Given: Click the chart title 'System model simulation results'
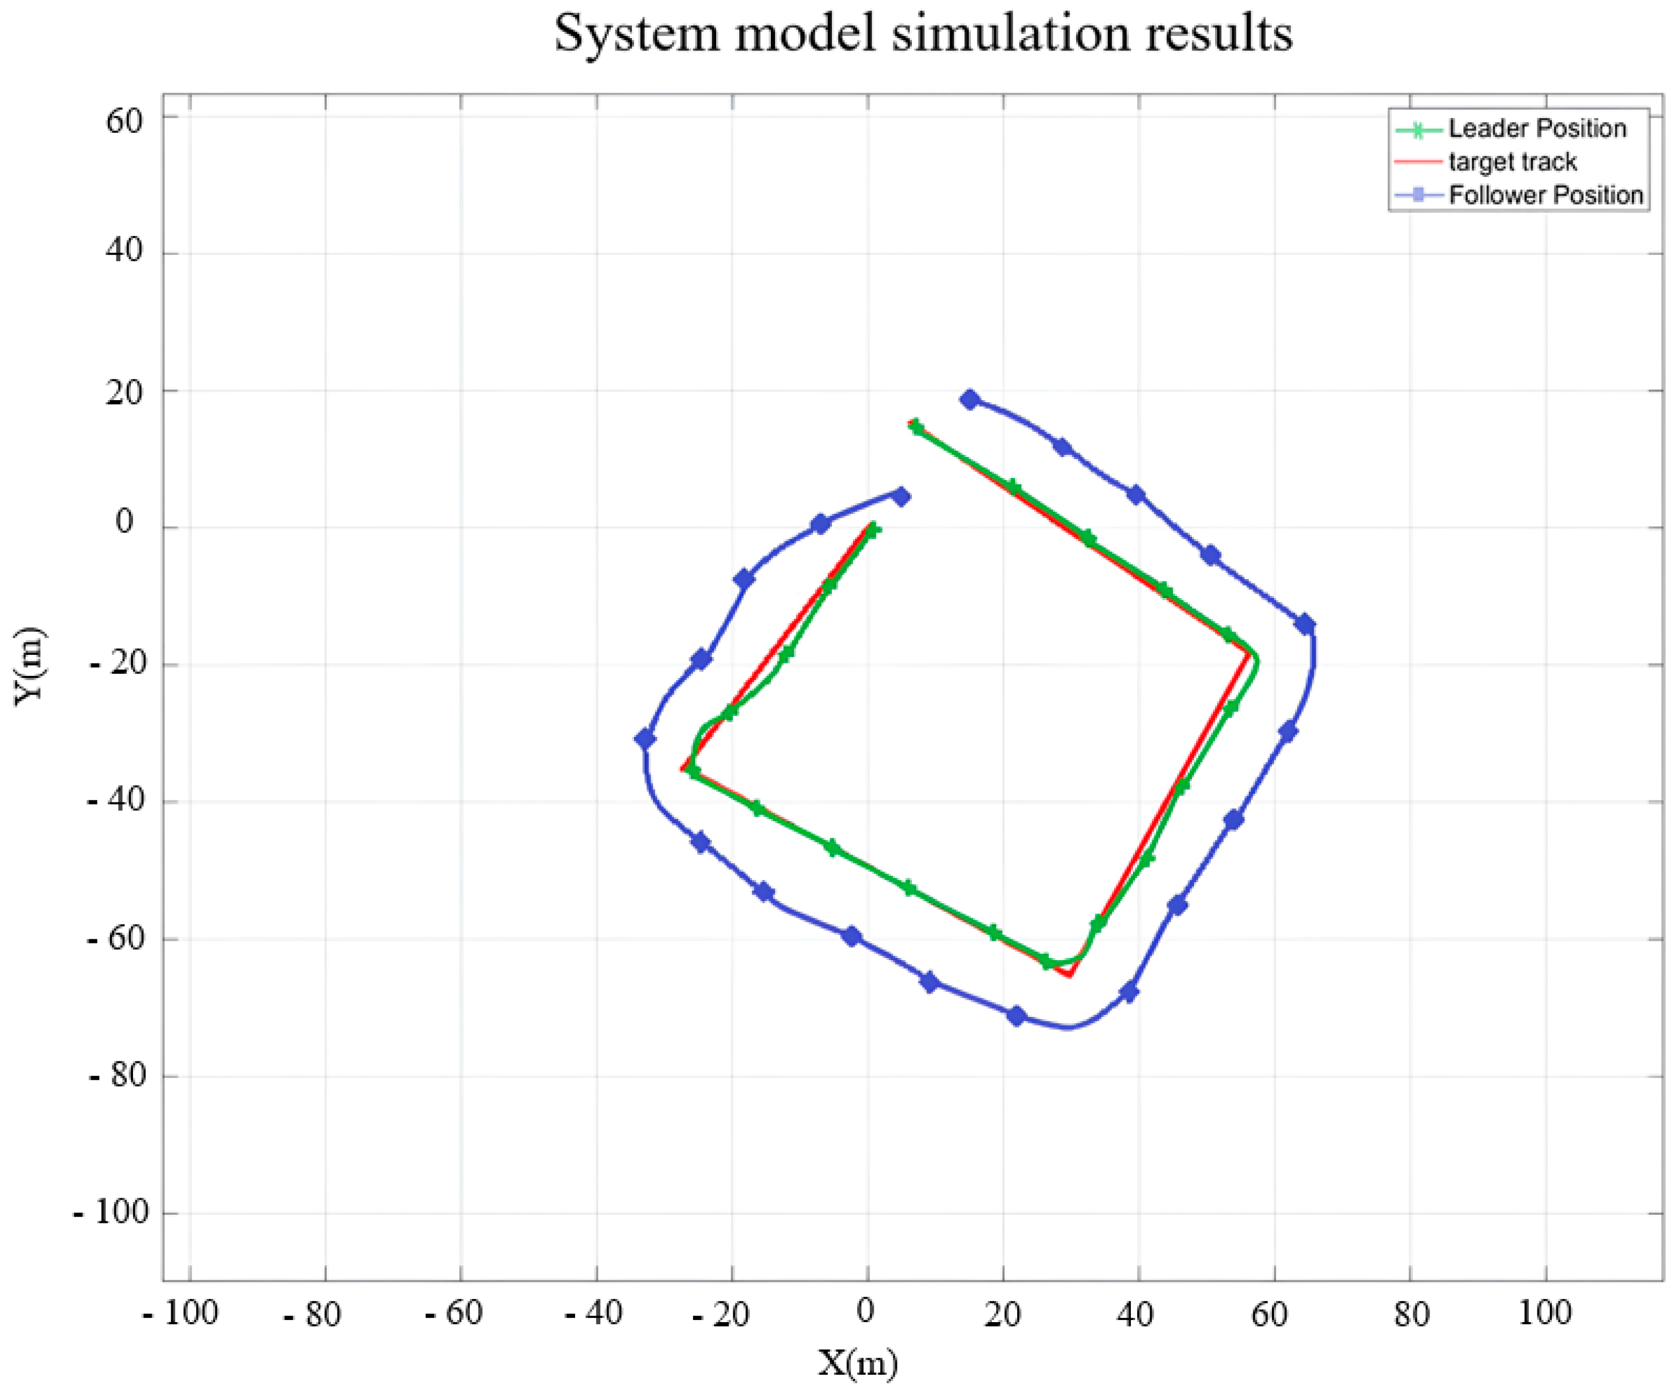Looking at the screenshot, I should (923, 34).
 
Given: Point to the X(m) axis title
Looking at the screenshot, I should (857, 1363).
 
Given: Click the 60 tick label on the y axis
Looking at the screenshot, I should (124, 121).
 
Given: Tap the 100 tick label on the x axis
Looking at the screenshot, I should (1544, 1312).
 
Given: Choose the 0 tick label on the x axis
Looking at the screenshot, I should (865, 1311).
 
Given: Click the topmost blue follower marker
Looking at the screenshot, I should (970, 400).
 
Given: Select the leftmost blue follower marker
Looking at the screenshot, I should (645, 739).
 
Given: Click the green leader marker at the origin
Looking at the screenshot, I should (873, 529).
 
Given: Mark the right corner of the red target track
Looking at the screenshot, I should (1250, 653).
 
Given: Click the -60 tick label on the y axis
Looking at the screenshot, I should (116, 938).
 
